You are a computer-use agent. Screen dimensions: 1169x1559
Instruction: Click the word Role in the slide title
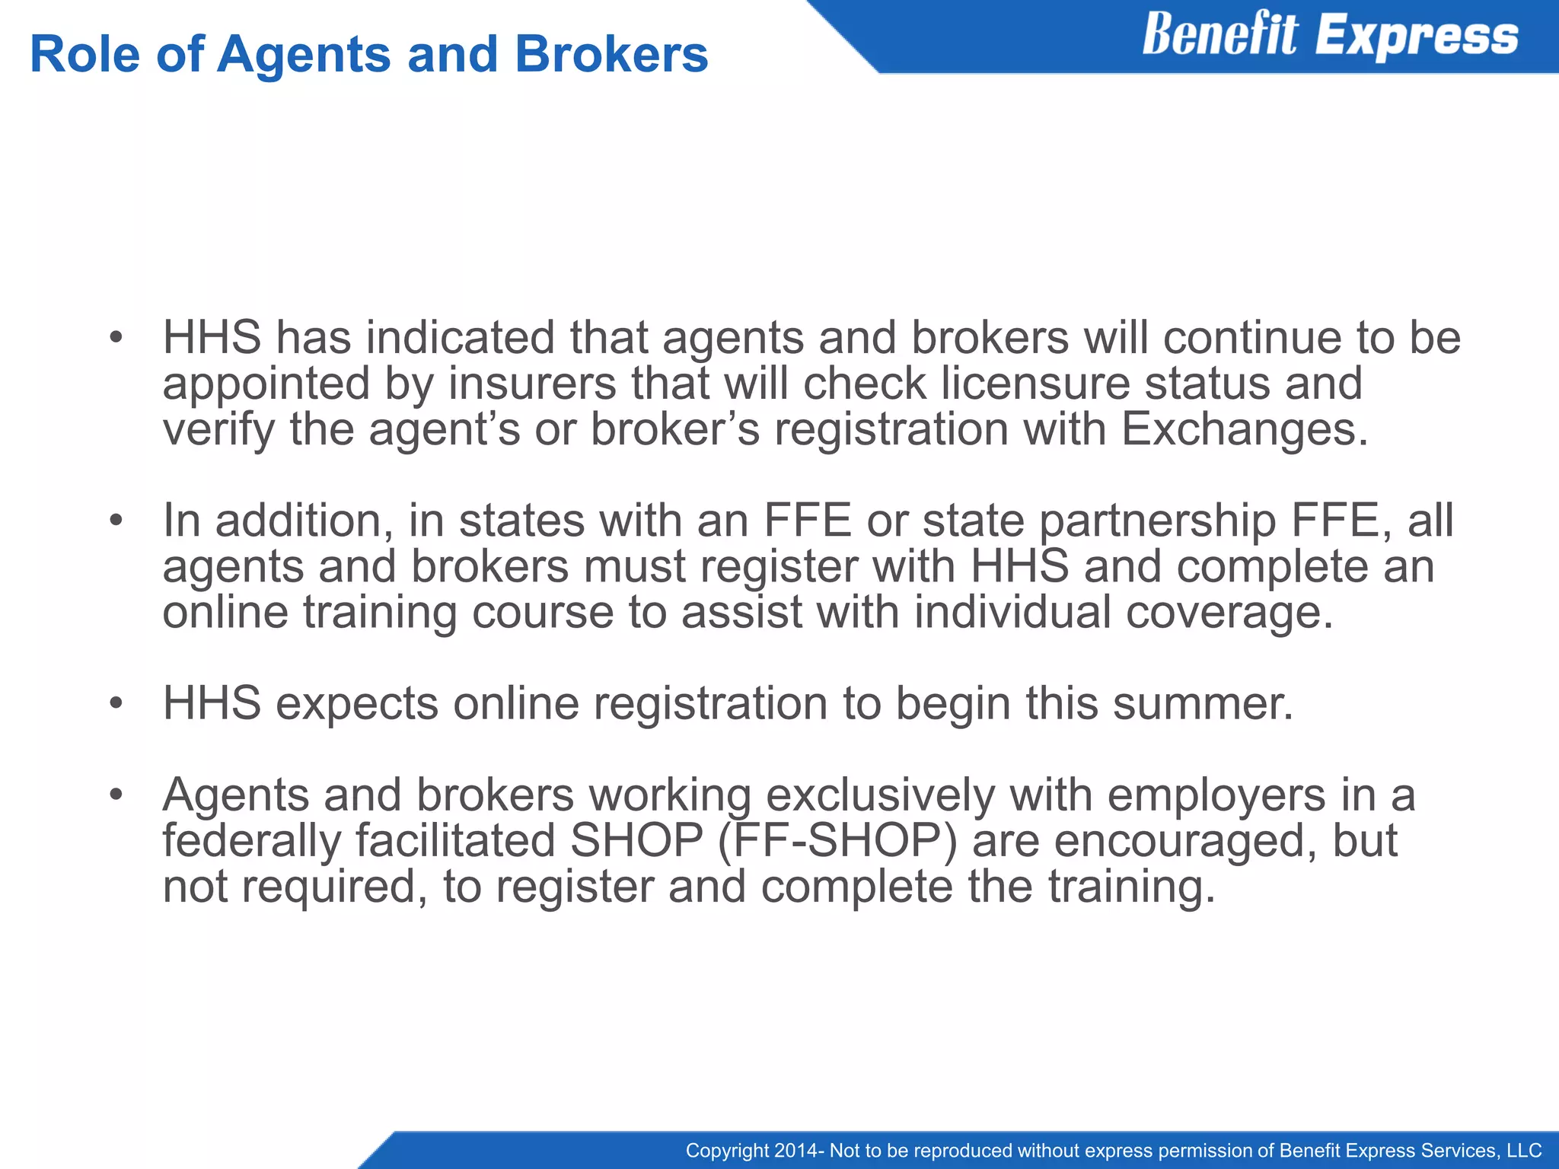(84, 55)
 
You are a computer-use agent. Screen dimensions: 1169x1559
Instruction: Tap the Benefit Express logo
(1330, 36)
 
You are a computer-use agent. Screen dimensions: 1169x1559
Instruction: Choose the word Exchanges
(1245, 429)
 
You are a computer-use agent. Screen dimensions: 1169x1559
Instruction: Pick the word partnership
(1157, 522)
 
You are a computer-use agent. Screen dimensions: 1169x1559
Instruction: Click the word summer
(1203, 703)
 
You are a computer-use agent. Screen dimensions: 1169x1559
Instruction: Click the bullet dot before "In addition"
(116, 521)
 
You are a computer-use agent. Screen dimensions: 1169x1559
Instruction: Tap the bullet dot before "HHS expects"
(116, 704)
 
